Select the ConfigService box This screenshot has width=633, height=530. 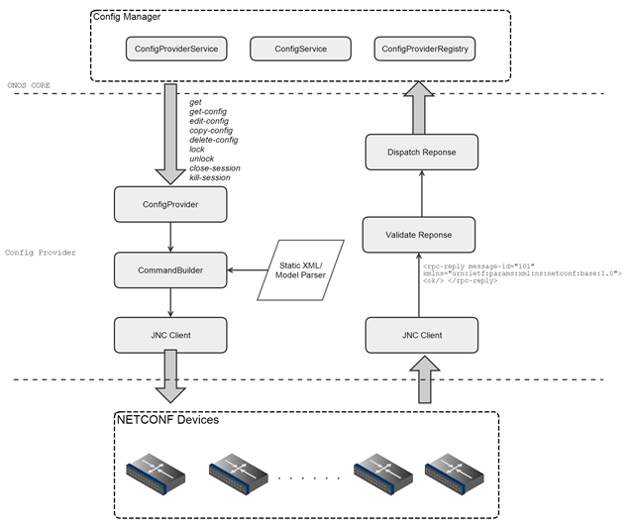(300, 48)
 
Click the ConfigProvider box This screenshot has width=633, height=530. (171, 206)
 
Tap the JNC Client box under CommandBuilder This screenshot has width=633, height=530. (171, 335)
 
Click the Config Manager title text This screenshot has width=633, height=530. (126, 17)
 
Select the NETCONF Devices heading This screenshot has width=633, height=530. (168, 420)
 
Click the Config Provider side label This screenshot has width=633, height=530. (40, 253)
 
